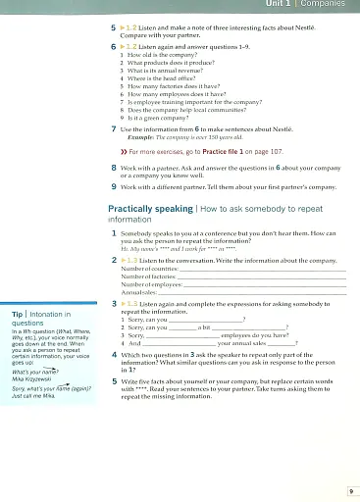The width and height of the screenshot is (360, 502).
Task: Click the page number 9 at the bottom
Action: coord(350,489)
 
